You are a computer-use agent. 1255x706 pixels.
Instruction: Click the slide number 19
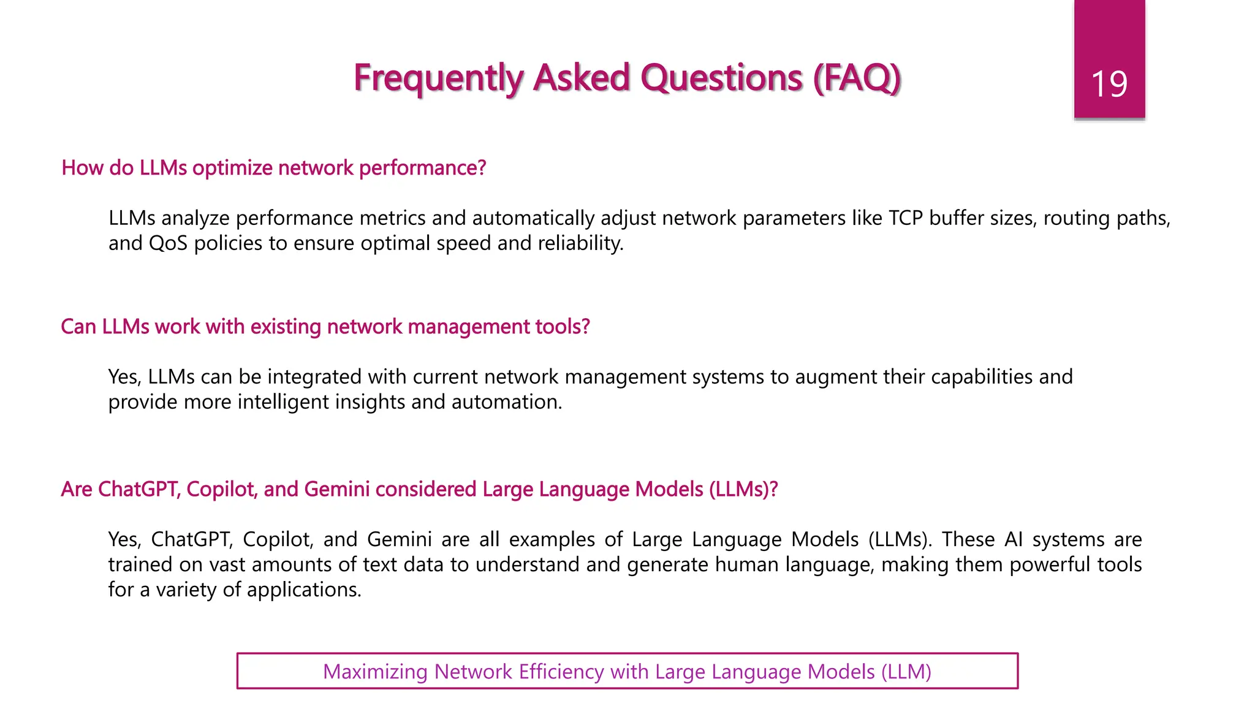pyautogui.click(x=1109, y=84)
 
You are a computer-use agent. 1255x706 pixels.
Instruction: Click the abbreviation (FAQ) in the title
pyautogui.click(x=857, y=78)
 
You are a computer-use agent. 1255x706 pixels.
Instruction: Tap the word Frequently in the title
pyautogui.click(x=438, y=78)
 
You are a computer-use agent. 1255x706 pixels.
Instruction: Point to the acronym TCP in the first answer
pyautogui.click(x=906, y=218)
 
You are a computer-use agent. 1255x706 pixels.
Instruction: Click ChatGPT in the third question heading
pyautogui.click(x=139, y=489)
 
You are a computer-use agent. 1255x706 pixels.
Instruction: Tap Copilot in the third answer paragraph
pyautogui.click(x=278, y=539)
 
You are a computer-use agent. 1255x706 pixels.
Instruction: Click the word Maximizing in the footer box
pyautogui.click(x=375, y=672)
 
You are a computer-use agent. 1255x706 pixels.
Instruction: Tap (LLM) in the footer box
pyautogui.click(x=906, y=672)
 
